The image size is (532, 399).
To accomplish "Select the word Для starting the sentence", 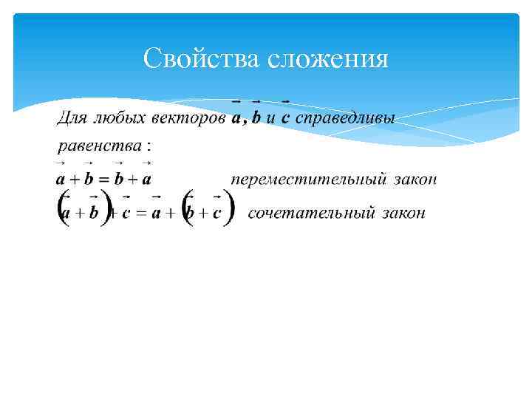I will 72,118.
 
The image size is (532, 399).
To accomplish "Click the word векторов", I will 189,118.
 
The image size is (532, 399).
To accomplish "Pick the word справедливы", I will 345,118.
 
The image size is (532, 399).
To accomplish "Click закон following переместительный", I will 416,180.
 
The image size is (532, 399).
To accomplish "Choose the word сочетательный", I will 310,214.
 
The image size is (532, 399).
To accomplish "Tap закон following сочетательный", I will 403,214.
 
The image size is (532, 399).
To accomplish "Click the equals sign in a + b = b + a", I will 103,180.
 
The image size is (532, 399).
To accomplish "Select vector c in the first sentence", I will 284,118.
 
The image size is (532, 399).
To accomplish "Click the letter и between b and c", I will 270,119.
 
